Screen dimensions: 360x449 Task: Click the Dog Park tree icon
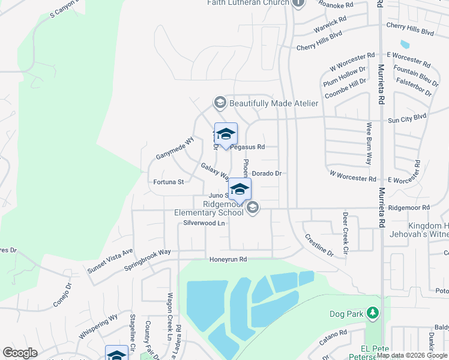pyautogui.click(x=373, y=313)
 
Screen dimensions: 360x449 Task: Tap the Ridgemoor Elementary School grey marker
pyautogui.click(x=253, y=208)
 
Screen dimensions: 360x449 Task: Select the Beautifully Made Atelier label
pyautogui.click(x=273, y=103)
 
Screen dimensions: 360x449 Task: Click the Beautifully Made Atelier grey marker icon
pyautogui.click(x=219, y=103)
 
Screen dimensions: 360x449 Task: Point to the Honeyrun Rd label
pyautogui.click(x=228, y=259)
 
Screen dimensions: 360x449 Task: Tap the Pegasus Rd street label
pyautogui.click(x=248, y=146)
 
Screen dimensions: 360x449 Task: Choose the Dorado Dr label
pyautogui.click(x=267, y=173)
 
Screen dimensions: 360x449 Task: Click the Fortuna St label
pyautogui.click(x=168, y=181)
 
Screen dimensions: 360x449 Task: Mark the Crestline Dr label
pyautogui.click(x=320, y=245)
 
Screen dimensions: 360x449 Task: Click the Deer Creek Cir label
pyautogui.click(x=345, y=233)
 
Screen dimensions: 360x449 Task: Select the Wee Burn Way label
pyautogui.click(x=369, y=144)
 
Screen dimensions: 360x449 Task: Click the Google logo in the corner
pyautogui.click(x=20, y=353)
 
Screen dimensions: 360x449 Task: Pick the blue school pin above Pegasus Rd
pyautogui.click(x=226, y=134)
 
